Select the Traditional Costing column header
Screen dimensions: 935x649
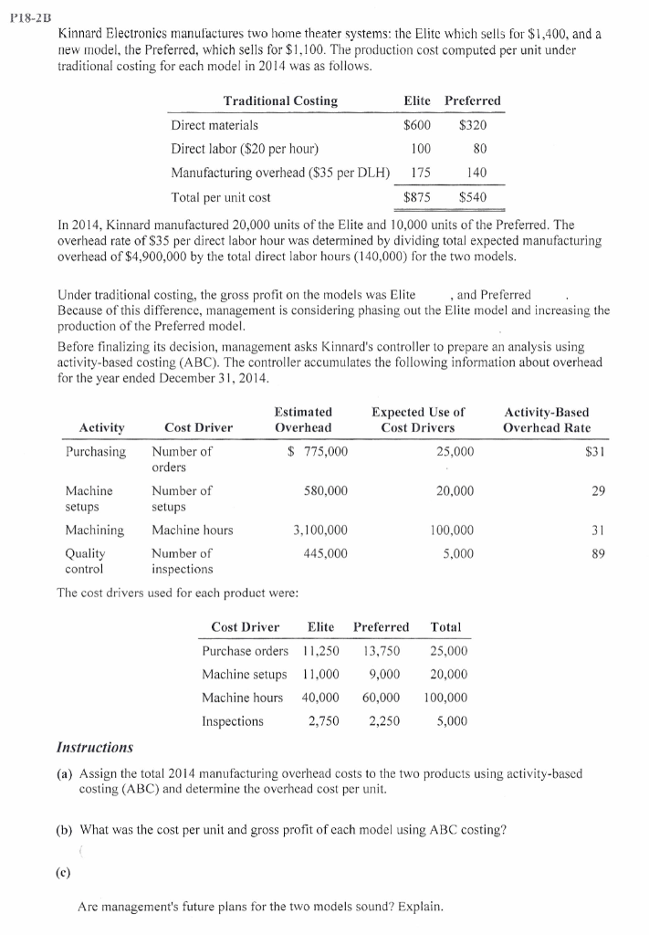click(280, 100)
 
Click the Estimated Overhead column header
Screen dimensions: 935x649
click(303, 419)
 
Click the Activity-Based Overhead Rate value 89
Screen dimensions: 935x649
click(599, 552)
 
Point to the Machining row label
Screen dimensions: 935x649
click(94, 530)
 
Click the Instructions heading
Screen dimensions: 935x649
click(95, 748)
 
